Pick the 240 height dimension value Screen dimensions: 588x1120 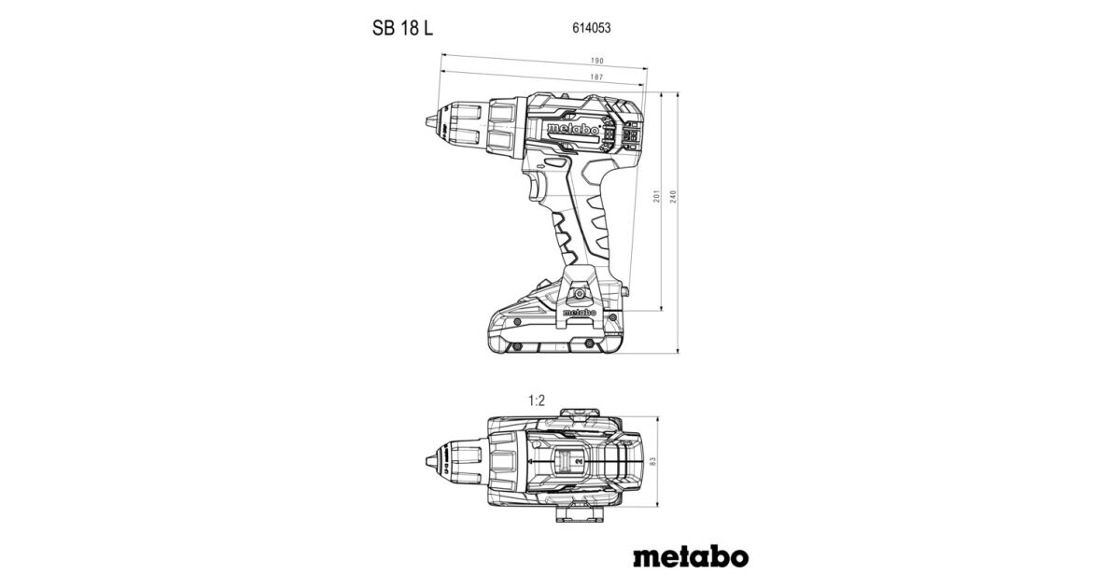point(672,197)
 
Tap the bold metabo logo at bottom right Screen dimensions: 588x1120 point(690,556)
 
